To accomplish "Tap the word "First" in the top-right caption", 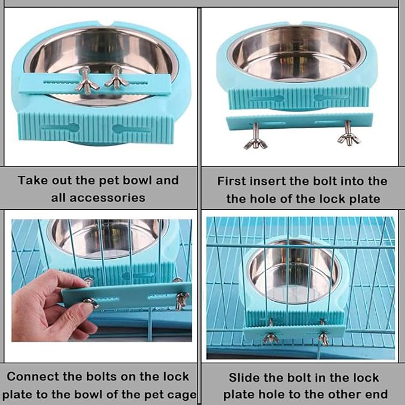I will (x=233, y=181).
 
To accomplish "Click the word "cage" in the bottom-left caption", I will (x=182, y=394).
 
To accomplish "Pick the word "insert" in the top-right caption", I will (x=270, y=181).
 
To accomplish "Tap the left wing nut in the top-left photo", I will (x=87, y=81).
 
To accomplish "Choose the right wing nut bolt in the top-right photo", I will (x=349, y=135).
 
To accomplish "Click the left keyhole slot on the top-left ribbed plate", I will (x=61, y=127).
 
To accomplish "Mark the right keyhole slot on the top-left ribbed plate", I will (x=132, y=128).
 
